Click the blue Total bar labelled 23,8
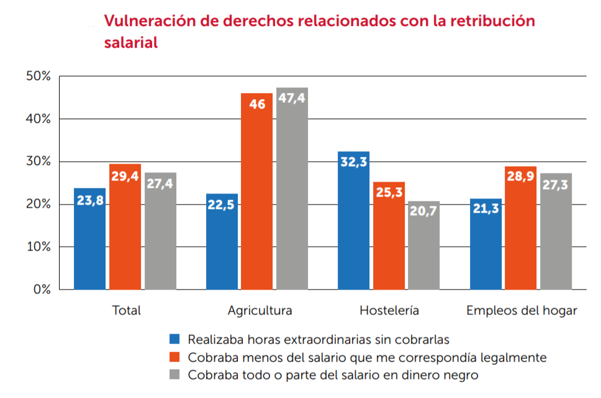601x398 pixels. pos(89,239)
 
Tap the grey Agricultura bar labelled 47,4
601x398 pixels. pos(292,188)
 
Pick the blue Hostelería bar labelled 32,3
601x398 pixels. pos(354,221)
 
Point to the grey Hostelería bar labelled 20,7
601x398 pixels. pos(424,245)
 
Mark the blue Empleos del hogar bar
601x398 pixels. pos(486,244)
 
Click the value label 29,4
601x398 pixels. pos(125,177)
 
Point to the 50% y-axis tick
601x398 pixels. pos(38,76)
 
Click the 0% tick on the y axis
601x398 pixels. pos(41,290)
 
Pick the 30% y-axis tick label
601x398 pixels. pos(38,162)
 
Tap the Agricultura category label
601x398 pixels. pos(260,311)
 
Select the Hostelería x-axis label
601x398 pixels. pos(389,311)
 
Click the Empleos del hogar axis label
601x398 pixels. pos(522,311)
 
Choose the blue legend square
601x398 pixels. pos(175,339)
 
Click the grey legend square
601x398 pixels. pos(175,375)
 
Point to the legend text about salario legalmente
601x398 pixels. pos(367,358)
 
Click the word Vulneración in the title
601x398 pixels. pos(145,21)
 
